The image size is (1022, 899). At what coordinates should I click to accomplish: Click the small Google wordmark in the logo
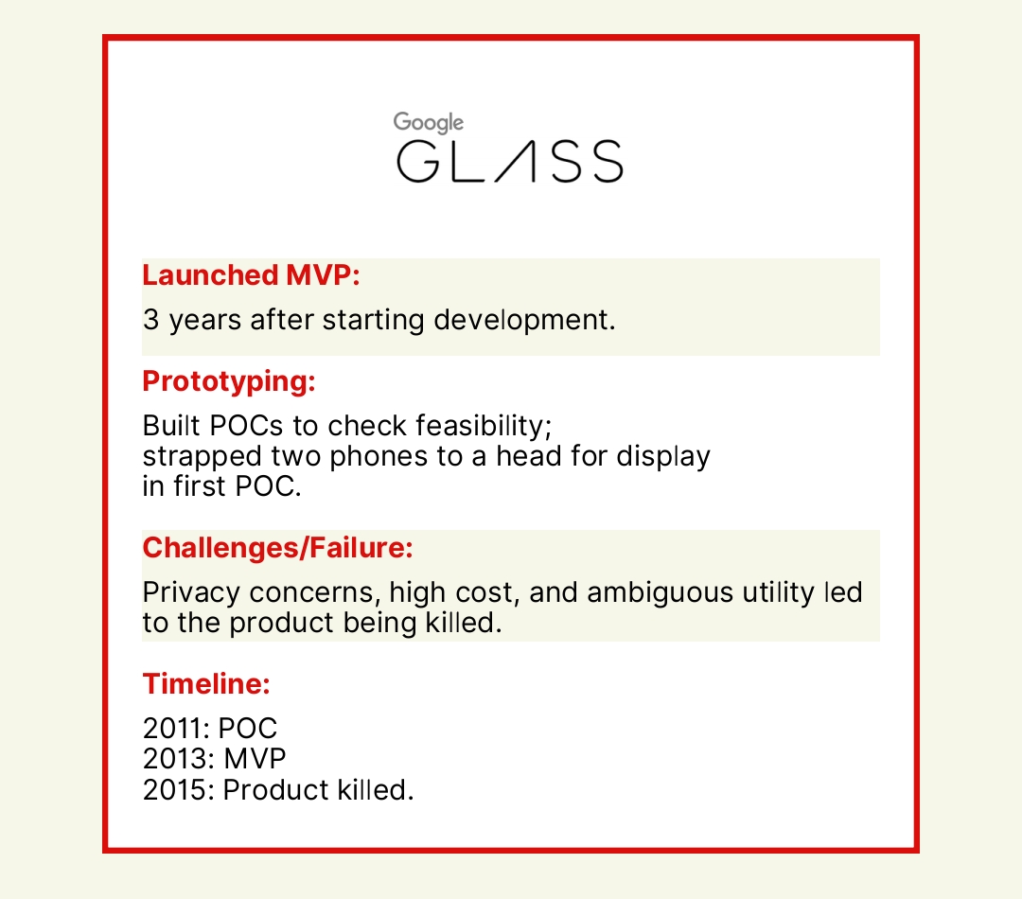429,123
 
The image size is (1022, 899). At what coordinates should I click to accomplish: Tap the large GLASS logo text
510,161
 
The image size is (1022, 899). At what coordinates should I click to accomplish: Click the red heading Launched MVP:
251,275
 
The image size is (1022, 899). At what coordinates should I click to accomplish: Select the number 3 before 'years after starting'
150,320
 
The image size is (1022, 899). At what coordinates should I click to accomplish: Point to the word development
524,320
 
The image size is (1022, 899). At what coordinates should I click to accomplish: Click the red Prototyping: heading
229,382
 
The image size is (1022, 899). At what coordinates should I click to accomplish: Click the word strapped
203,457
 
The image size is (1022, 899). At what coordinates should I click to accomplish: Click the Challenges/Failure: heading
277,548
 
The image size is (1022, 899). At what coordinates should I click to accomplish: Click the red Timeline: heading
206,684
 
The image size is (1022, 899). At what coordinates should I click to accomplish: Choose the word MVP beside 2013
255,759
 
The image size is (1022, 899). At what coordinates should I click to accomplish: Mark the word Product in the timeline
274,790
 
